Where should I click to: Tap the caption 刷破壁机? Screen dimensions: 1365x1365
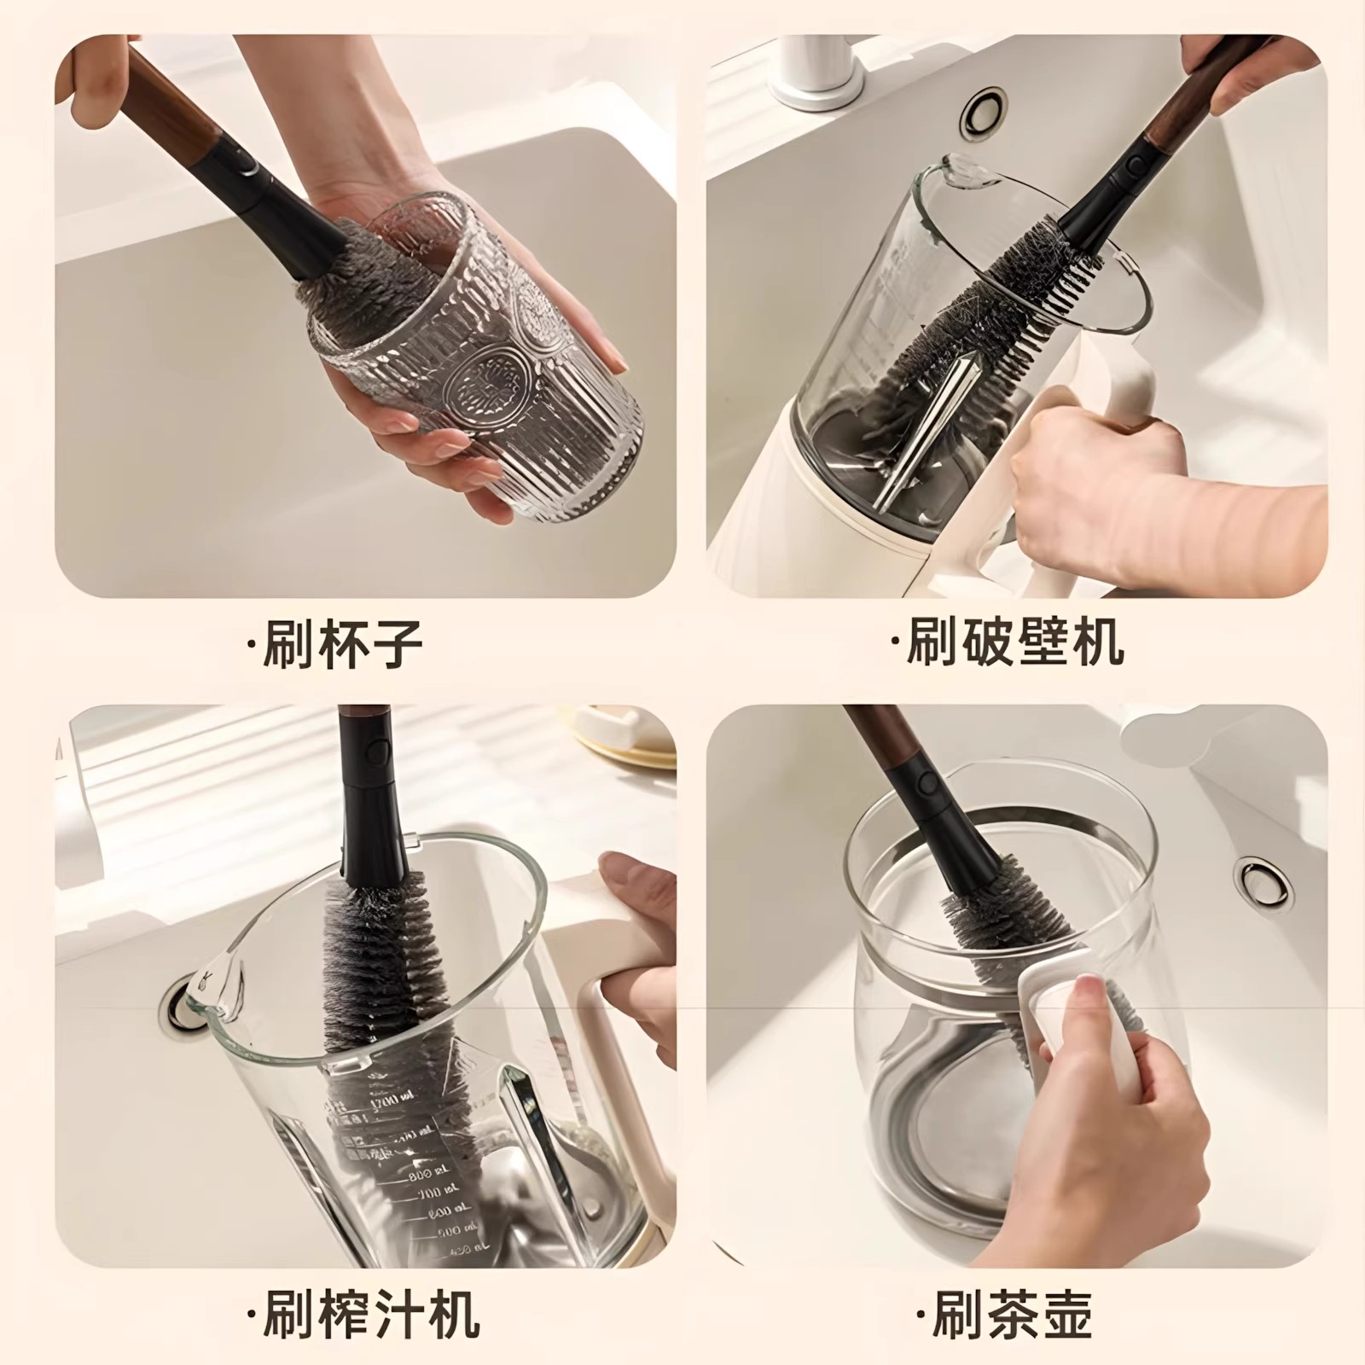coord(1006,641)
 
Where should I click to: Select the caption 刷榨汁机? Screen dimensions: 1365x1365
coord(362,1313)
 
